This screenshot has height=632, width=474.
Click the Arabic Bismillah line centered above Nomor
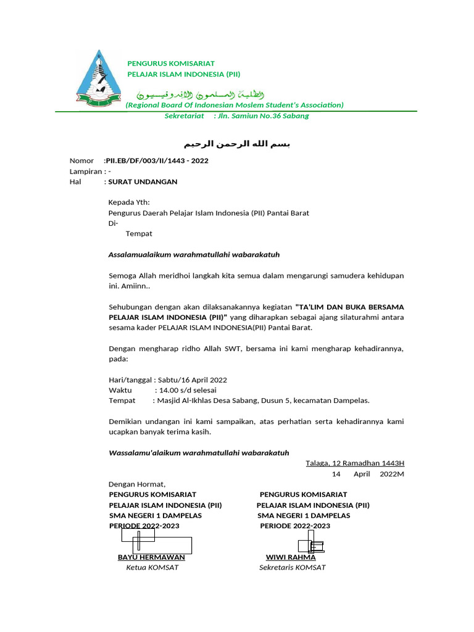pos(236,144)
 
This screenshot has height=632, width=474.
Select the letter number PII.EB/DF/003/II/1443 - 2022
pos(157,161)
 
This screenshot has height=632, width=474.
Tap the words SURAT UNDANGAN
pos(143,182)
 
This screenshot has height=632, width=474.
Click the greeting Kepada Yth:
pos(129,202)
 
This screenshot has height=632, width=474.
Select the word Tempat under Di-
pos(139,234)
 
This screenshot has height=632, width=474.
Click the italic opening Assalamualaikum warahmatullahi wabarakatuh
pos(189,255)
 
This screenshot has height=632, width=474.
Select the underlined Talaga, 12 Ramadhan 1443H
pos(355,464)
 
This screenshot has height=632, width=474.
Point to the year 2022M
pos(392,474)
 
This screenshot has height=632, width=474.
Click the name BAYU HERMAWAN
pos(151,557)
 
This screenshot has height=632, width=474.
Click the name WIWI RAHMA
pos(290,557)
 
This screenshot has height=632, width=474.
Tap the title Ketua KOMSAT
pos(152,568)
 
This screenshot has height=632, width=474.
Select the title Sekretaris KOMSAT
pos(292,568)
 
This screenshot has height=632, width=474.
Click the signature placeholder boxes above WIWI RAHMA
pos(312,546)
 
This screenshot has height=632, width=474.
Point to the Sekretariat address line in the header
pos(236,116)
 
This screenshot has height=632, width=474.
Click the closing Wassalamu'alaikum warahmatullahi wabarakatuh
pos(199,453)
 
